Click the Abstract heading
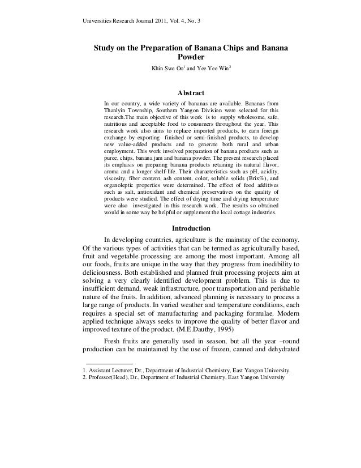191,93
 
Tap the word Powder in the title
191,58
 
